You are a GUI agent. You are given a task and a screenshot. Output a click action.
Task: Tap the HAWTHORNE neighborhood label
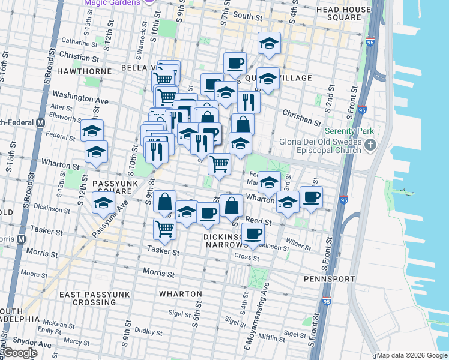click(x=84, y=71)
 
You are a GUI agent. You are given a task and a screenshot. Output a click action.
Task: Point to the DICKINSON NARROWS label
click(x=225, y=241)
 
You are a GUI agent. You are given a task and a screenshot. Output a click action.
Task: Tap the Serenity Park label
click(x=349, y=131)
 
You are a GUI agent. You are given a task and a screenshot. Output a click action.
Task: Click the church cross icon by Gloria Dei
click(x=372, y=145)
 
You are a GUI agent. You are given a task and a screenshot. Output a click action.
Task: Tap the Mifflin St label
click(x=270, y=338)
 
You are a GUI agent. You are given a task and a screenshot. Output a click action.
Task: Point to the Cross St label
click(x=246, y=258)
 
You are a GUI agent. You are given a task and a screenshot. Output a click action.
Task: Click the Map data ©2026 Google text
click(x=412, y=355)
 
